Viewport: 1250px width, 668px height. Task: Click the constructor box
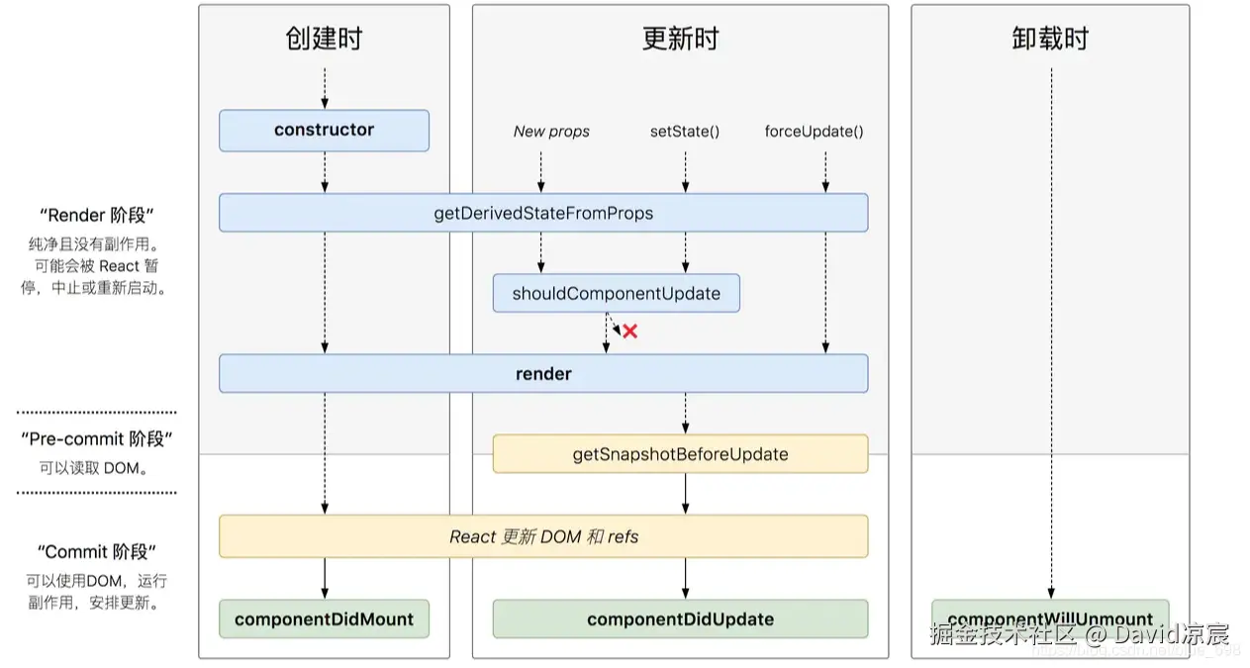point(324,131)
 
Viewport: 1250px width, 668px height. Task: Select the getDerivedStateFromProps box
point(543,213)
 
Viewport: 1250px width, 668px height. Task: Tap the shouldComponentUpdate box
point(616,294)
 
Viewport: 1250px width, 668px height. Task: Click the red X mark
point(629,332)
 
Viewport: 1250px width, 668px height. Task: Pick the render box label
point(543,374)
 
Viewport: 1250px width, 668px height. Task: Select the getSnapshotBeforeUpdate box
point(680,454)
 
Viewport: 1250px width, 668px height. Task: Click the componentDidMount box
point(324,620)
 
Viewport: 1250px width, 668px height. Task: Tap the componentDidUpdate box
point(680,620)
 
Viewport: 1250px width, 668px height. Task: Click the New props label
point(551,132)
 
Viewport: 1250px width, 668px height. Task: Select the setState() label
point(684,132)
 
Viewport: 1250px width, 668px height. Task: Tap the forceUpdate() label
point(814,132)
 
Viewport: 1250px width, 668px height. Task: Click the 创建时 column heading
point(324,39)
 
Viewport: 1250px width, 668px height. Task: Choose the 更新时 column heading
point(680,39)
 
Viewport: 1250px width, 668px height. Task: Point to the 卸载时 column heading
point(1050,39)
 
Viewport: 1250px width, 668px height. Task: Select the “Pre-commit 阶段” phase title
point(97,439)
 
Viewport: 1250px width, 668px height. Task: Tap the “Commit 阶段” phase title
point(97,552)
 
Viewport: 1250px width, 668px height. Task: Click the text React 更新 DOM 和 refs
point(543,536)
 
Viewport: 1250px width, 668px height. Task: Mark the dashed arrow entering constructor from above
point(325,88)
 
